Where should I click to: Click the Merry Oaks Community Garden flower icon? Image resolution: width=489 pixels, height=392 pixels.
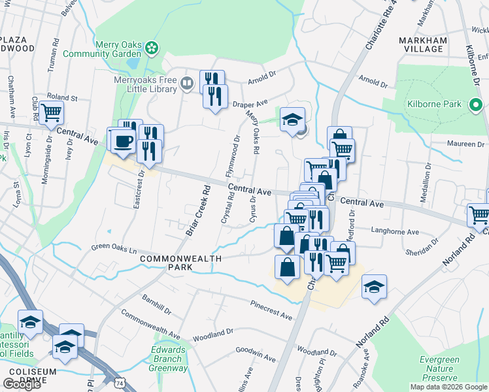tap(152, 47)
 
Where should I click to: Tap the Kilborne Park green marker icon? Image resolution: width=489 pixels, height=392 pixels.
tap(475, 104)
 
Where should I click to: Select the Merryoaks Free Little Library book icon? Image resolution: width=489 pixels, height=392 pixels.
tap(187, 82)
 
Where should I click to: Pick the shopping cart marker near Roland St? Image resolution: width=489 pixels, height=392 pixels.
tap(51, 112)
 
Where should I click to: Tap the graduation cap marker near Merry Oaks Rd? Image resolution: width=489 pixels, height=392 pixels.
tap(292, 119)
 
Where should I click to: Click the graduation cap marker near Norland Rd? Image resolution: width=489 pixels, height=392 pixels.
tap(374, 287)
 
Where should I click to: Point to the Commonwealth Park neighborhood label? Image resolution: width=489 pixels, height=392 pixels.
tap(167, 263)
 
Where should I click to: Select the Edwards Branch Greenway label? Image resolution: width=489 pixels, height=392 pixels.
tap(168, 359)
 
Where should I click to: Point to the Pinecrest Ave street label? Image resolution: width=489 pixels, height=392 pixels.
tap(271, 311)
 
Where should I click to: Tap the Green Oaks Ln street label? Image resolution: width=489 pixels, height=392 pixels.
tap(116, 249)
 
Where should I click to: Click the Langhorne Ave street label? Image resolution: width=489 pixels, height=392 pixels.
tap(395, 231)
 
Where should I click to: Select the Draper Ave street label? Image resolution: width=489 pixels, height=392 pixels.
tap(250, 104)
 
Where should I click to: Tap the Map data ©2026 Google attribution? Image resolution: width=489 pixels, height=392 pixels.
tap(448, 387)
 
